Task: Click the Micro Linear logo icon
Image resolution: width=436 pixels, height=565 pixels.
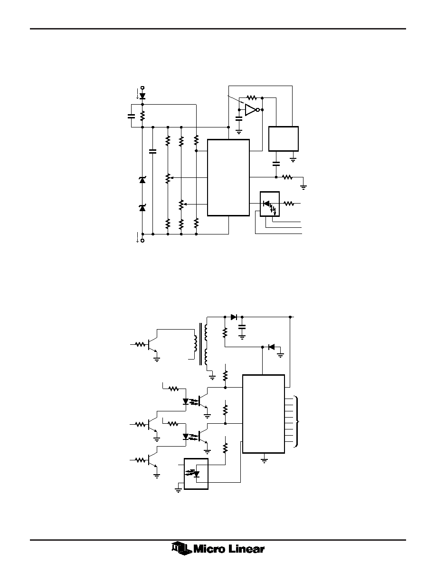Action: (x=182, y=548)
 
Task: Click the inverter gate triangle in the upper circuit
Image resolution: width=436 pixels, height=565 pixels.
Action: (x=250, y=109)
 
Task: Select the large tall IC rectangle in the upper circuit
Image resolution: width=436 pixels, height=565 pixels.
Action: (x=228, y=178)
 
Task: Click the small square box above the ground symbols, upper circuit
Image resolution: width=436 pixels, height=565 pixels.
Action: (x=284, y=139)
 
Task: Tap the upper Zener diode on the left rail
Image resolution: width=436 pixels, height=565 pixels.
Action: (x=142, y=180)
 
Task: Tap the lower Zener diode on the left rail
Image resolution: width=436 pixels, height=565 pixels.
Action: (x=142, y=208)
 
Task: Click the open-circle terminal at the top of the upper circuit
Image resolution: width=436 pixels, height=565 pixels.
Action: (x=142, y=88)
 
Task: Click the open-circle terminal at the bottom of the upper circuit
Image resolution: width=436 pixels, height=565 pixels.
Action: (x=142, y=240)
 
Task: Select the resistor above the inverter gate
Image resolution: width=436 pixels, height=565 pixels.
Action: (x=251, y=97)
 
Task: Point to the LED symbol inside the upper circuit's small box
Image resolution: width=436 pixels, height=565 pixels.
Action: (x=266, y=204)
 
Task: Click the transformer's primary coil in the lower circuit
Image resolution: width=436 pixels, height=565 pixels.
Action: (x=196, y=344)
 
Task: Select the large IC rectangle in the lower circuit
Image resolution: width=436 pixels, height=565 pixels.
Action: (x=264, y=414)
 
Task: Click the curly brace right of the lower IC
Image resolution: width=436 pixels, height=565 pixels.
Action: (x=297, y=421)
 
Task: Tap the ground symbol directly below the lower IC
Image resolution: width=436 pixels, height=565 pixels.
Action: (x=264, y=459)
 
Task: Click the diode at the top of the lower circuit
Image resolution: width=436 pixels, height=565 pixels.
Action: (x=234, y=317)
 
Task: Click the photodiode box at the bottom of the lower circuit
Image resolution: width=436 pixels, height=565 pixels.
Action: (x=196, y=474)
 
